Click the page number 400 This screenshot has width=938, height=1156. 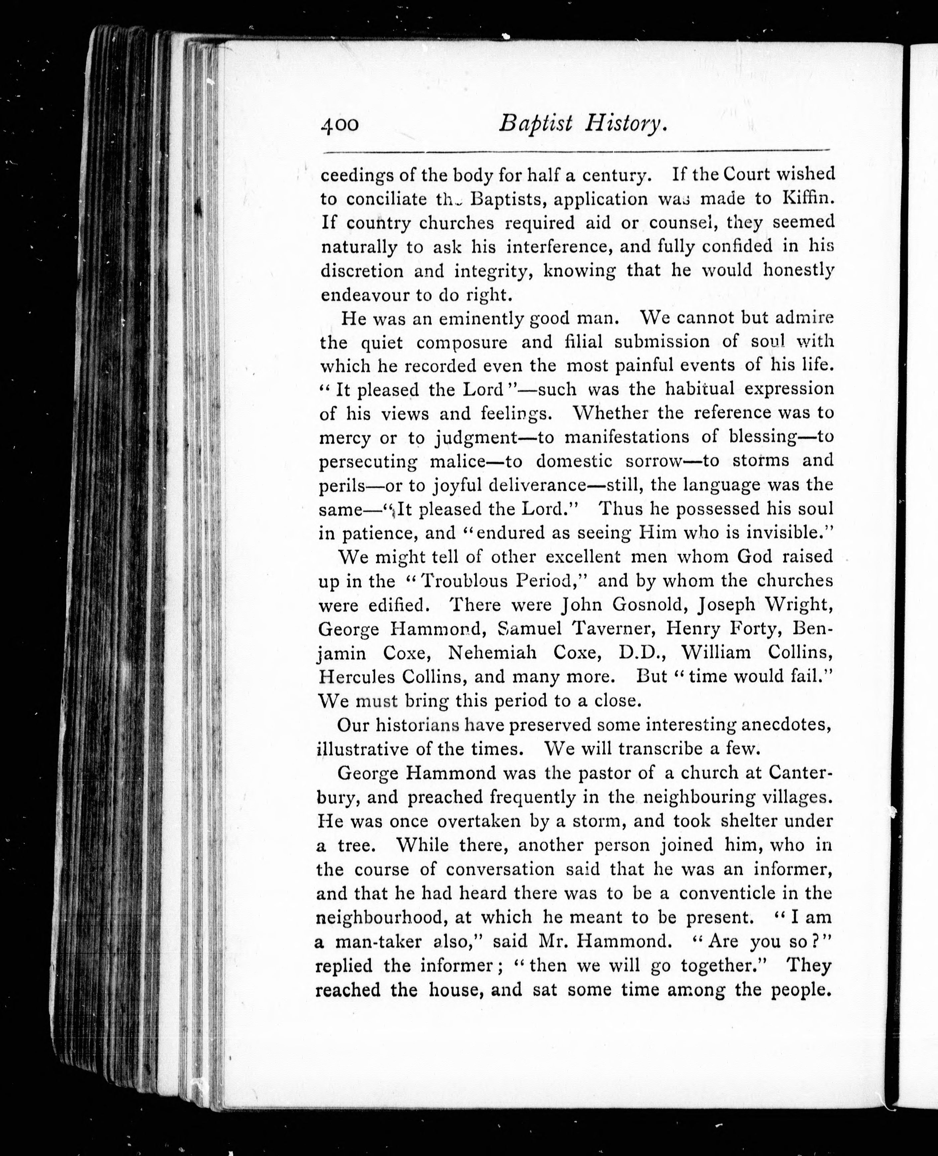pos(339,125)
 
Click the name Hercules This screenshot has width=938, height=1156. pos(354,677)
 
